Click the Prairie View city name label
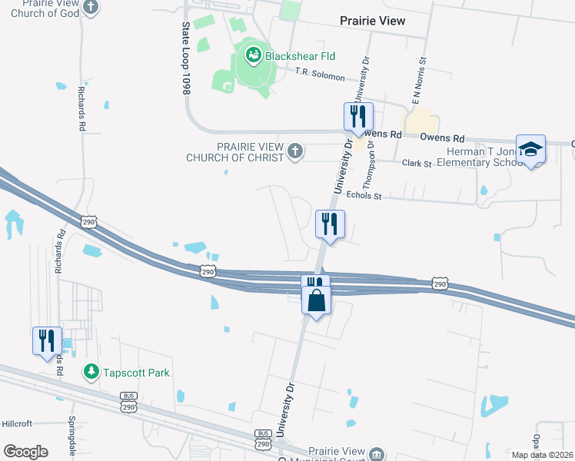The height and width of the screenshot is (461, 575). (x=372, y=21)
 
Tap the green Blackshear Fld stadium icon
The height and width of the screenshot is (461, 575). (x=253, y=55)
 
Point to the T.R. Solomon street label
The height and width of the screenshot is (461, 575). (x=325, y=72)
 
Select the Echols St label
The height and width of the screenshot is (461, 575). (x=364, y=197)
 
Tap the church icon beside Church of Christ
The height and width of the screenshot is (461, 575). (x=295, y=151)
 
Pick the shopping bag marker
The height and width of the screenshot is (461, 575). (x=317, y=300)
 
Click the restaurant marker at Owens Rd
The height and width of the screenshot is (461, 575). (x=358, y=117)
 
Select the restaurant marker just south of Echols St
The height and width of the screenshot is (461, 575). (x=330, y=224)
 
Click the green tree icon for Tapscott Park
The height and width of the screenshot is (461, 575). (x=91, y=373)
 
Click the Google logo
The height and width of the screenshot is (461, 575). (x=25, y=451)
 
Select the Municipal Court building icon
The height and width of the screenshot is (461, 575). (x=377, y=453)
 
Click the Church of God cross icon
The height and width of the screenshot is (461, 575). (x=91, y=8)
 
